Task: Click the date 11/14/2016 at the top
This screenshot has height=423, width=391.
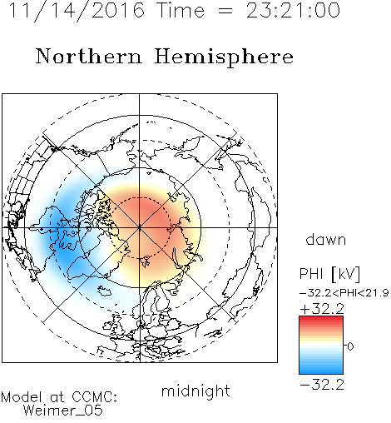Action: point(77,11)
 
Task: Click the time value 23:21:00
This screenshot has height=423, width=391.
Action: point(293,10)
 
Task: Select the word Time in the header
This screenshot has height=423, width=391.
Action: point(181,10)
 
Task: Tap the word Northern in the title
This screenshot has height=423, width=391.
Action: point(88,56)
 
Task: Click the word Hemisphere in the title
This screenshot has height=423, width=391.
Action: point(224,57)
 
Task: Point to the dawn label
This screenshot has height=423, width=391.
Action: point(326,239)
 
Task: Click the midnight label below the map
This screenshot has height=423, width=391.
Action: point(195,391)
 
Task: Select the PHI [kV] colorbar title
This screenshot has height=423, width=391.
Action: point(329,274)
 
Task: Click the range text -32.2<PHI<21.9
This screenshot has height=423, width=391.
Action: point(344,293)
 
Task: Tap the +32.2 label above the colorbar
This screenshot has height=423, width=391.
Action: point(322,309)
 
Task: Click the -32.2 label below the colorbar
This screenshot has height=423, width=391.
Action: point(322,385)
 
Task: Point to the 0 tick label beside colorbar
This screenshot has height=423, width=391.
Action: point(350,346)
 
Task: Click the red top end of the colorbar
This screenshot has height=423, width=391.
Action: point(321,319)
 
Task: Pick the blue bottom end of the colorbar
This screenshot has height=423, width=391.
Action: point(321,371)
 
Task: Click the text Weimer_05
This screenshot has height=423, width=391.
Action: point(62,411)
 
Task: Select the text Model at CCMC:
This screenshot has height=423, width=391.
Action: point(59,397)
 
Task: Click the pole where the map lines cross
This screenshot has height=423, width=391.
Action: point(140,227)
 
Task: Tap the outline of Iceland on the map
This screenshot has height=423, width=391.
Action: point(105,291)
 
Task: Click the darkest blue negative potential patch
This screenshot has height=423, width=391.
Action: point(62,244)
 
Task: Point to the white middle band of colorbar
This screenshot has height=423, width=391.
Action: point(321,346)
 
